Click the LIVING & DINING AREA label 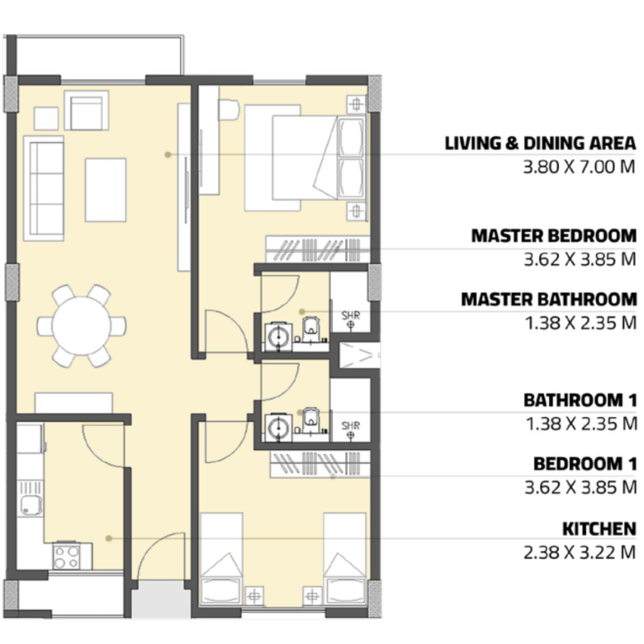click(540, 143)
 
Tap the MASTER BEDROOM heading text click(554, 236)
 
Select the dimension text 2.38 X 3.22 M click(580, 552)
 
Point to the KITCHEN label click(599, 529)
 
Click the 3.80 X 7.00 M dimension click(579, 167)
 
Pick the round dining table click(82, 325)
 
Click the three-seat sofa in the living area click(44, 188)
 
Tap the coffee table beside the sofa click(106, 190)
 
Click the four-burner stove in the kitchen click(67, 556)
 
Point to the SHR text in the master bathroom click(351, 315)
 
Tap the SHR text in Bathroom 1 click(351, 425)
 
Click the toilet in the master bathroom click(310, 326)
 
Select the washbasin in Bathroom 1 click(278, 428)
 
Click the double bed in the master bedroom click(305, 159)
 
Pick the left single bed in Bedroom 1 click(220, 559)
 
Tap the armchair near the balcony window click(87, 111)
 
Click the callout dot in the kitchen click(109, 538)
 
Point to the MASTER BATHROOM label click(549, 300)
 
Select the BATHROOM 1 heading click(580, 400)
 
